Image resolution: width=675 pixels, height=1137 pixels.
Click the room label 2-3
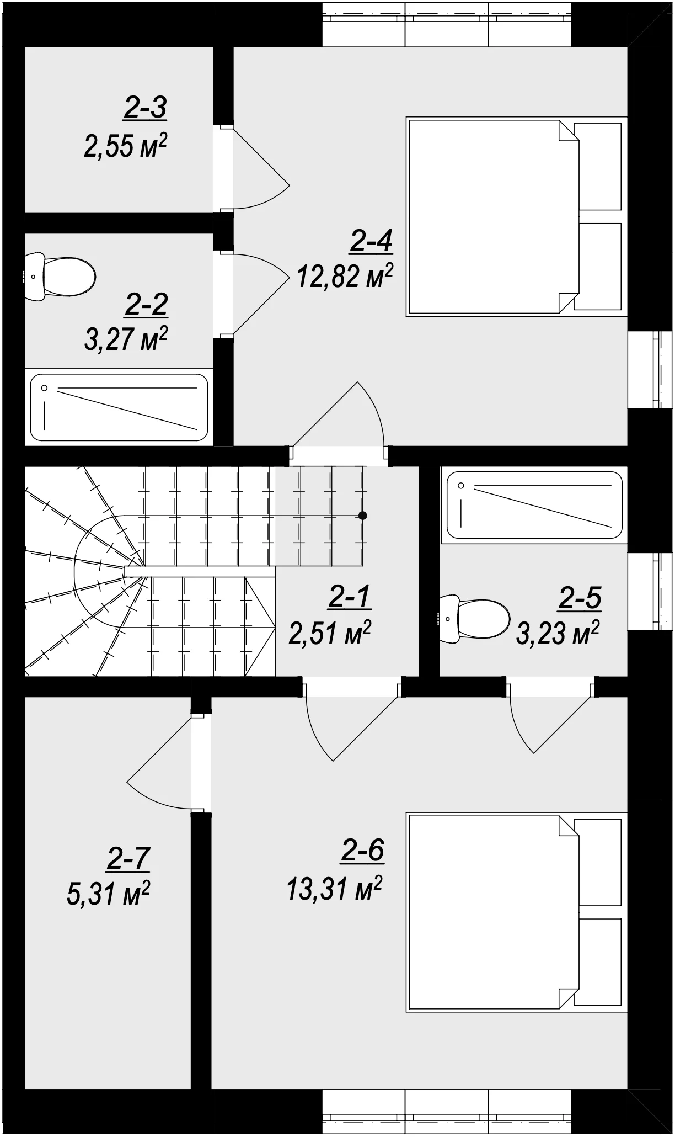(x=145, y=108)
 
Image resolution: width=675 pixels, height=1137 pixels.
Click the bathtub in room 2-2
(x=119, y=407)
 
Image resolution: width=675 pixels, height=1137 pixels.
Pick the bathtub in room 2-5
(x=534, y=504)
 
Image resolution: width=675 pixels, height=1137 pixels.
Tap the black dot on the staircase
(x=362, y=516)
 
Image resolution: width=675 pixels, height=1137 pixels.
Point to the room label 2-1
(x=350, y=598)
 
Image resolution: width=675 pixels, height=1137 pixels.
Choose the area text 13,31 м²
(x=334, y=889)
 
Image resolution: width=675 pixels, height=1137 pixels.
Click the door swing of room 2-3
(x=255, y=169)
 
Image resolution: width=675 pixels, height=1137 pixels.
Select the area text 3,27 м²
(x=126, y=338)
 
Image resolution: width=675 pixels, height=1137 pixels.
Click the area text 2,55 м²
(x=125, y=146)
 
